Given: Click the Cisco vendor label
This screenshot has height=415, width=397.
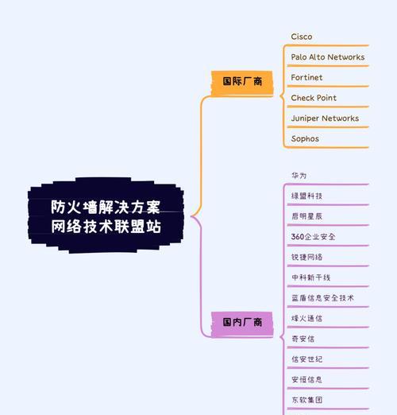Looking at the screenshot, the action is tap(302, 37).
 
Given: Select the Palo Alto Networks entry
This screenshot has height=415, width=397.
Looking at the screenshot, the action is tap(328, 57).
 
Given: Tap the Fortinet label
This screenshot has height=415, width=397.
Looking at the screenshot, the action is tap(306, 77).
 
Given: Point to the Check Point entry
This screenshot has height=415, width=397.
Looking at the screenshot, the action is tap(314, 98).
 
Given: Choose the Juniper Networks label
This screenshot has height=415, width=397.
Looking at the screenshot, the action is tap(325, 118).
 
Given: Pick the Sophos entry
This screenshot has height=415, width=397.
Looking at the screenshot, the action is tap(305, 138).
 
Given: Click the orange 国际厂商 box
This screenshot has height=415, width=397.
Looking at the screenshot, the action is tap(242, 83).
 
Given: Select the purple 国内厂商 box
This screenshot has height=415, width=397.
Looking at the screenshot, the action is tap(242, 324).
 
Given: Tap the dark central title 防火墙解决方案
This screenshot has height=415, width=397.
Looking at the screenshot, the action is tap(106, 207).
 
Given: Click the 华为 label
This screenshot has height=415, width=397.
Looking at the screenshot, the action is tap(299, 176).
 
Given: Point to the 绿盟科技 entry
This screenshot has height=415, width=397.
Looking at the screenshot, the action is tap(306, 196).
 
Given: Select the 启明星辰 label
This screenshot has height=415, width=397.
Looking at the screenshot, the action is tap(306, 216).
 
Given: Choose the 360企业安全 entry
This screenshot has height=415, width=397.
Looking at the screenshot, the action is tap(313, 237).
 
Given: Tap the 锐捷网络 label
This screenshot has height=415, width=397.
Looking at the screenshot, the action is tap(306, 257).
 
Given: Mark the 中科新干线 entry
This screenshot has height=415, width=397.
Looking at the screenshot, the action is tap(310, 277).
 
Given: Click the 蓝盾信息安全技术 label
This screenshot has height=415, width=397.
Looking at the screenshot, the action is tap(322, 298).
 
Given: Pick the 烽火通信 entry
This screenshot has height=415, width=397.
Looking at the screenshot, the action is tap(306, 318).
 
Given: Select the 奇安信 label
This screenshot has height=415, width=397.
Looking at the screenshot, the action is tap(303, 339).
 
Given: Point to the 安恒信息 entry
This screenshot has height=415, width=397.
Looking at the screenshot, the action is tap(306, 379).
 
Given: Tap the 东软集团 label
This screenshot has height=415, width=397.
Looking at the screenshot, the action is tap(306, 400).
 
